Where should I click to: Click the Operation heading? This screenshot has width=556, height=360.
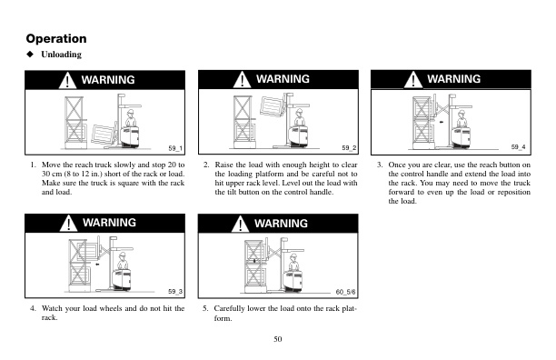click(x=56, y=38)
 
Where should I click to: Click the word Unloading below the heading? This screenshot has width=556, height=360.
click(x=61, y=55)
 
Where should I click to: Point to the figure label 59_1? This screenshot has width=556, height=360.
click(x=175, y=147)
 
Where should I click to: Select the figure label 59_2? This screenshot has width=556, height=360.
click(x=348, y=147)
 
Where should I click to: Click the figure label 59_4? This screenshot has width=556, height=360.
click(x=518, y=146)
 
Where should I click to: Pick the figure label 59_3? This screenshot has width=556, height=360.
click(x=175, y=290)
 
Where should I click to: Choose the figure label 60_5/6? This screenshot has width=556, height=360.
click(x=344, y=290)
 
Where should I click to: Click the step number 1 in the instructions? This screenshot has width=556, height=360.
click(x=33, y=165)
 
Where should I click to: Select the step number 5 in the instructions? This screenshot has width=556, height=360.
click(x=204, y=309)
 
